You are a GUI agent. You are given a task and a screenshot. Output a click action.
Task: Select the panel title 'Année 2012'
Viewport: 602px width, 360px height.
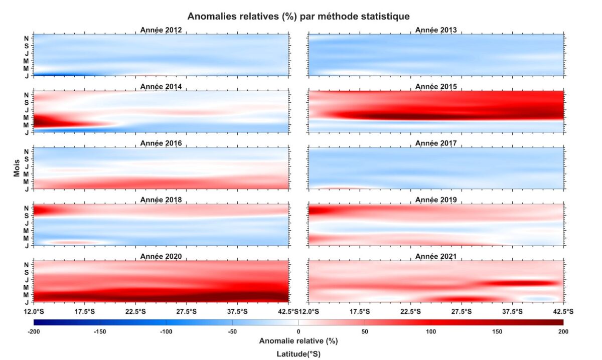(x=161, y=30)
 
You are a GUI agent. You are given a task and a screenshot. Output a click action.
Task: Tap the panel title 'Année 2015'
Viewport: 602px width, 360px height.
(x=436, y=87)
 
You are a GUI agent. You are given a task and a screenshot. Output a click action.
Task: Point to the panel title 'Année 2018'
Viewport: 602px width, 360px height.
(x=161, y=200)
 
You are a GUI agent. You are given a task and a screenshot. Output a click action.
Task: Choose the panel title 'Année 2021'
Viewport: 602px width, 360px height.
(x=436, y=256)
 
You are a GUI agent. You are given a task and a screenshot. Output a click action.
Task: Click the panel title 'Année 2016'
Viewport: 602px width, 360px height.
(x=161, y=143)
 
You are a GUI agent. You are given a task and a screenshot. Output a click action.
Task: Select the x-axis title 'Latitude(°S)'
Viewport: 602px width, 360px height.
(x=298, y=353)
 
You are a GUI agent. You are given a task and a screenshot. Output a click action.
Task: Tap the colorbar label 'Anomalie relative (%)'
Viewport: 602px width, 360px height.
(x=298, y=341)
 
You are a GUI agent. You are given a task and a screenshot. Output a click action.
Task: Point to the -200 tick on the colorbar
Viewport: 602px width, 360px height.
(x=34, y=331)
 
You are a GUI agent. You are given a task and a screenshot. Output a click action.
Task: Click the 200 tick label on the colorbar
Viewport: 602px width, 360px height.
(x=563, y=331)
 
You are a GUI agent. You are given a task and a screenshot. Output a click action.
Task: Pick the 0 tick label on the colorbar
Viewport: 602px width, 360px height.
(x=298, y=331)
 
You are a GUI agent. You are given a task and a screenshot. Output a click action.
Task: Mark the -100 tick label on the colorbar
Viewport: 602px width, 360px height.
(x=166, y=331)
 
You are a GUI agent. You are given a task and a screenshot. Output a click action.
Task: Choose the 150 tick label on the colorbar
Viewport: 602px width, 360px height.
(x=497, y=331)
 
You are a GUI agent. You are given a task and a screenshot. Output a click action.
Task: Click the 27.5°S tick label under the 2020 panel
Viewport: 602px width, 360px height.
(x=186, y=311)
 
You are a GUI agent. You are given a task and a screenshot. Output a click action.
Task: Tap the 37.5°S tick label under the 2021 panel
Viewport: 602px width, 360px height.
(x=512, y=311)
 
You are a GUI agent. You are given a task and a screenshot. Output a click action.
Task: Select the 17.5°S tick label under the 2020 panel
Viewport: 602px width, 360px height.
(x=84, y=311)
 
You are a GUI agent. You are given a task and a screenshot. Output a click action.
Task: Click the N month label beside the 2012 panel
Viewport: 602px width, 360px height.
(x=27, y=38)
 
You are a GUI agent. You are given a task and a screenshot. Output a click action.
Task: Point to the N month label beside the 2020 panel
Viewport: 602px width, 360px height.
(x=27, y=264)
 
